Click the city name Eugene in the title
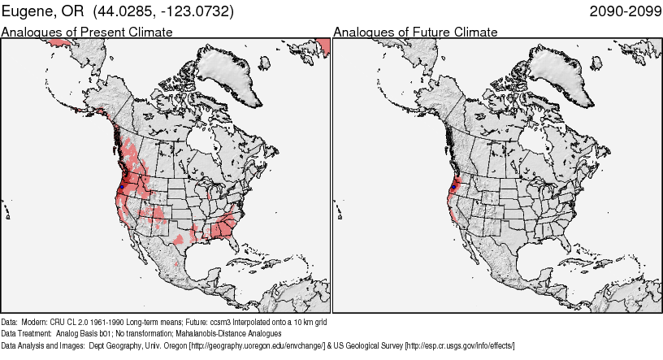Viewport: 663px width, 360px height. [x=32, y=11]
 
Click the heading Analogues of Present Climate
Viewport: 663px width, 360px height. [x=87, y=33]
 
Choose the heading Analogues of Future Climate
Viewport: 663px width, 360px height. [x=415, y=33]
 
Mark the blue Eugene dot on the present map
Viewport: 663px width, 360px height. [x=121, y=187]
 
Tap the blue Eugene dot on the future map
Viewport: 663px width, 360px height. [x=453, y=187]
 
